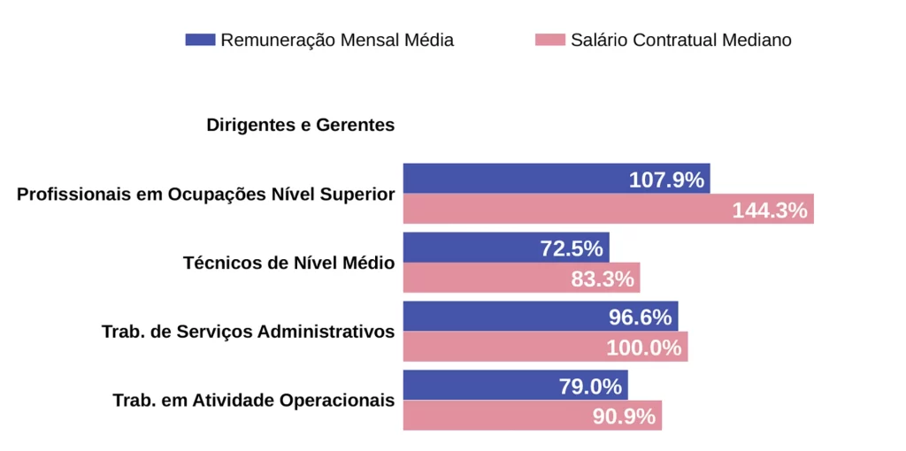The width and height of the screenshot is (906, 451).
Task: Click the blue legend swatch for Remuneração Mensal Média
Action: pyautogui.click(x=200, y=40)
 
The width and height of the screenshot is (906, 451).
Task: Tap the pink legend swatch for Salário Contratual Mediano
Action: pyautogui.click(x=549, y=40)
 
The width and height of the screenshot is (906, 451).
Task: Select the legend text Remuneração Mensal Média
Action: pyautogui.click(x=337, y=40)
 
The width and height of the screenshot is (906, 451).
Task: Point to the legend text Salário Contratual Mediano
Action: pyautogui.click(x=680, y=40)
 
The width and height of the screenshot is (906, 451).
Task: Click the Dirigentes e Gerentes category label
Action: pyautogui.click(x=301, y=125)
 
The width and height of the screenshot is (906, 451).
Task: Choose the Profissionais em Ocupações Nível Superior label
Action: pyautogui.click(x=205, y=194)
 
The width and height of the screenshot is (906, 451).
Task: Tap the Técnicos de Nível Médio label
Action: pyautogui.click(x=288, y=263)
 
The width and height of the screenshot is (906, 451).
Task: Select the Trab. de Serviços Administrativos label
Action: pyautogui.click(x=248, y=332)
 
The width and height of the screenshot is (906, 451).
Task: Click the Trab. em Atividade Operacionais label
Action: pyautogui.click(x=253, y=401)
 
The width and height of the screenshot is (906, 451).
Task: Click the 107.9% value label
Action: pyautogui.click(x=666, y=180)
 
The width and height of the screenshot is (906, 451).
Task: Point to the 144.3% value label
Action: pyautogui.click(x=770, y=210)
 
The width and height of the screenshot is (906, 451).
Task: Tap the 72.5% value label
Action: pyautogui.click(x=572, y=248)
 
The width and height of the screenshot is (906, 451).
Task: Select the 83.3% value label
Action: pyautogui.click(x=603, y=279)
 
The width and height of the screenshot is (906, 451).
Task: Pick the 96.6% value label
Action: pyautogui.click(x=640, y=317)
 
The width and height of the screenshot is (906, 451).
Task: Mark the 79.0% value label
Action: pyautogui.click(x=590, y=386)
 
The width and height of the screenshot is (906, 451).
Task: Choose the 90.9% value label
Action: pyautogui.click(x=624, y=417)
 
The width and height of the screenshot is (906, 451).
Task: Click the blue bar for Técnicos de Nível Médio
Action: pyautogui.click(x=469, y=248)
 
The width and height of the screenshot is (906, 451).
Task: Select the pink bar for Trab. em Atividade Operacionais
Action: pyautogui.click(x=495, y=416)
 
